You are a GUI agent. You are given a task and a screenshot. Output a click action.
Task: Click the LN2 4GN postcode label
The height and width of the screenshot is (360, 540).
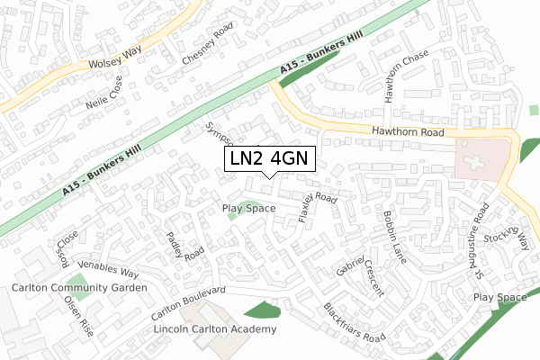coord(269,158)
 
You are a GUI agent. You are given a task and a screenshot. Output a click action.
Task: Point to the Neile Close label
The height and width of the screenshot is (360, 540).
coord(116,90)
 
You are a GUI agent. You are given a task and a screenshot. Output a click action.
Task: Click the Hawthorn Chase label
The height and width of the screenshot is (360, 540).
coord(395,76)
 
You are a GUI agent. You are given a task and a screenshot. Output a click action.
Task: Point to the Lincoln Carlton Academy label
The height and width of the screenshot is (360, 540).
coord(215,329)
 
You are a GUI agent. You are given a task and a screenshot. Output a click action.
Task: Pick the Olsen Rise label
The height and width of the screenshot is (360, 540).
coord(77,316)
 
